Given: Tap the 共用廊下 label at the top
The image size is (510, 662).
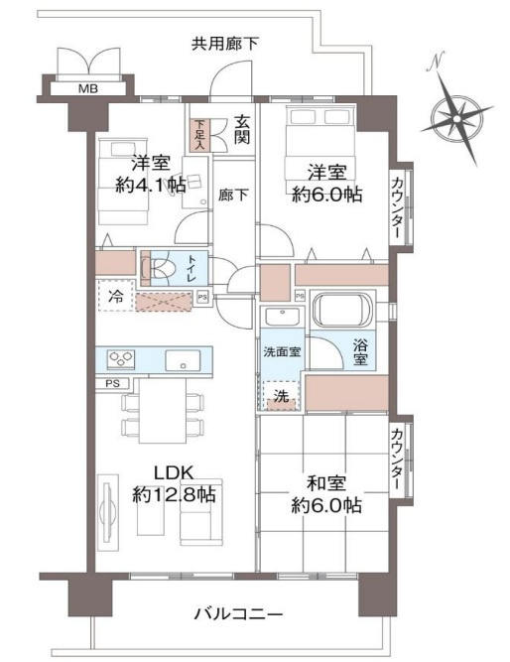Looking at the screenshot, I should [x=225, y=43].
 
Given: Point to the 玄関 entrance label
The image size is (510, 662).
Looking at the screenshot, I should [x=242, y=131].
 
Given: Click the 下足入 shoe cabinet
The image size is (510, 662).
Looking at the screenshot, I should [x=199, y=133].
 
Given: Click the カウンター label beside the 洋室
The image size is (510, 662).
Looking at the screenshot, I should [x=398, y=205].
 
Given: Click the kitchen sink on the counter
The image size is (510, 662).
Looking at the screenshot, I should [x=183, y=358].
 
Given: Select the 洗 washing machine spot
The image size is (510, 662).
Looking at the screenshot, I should [x=281, y=394].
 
